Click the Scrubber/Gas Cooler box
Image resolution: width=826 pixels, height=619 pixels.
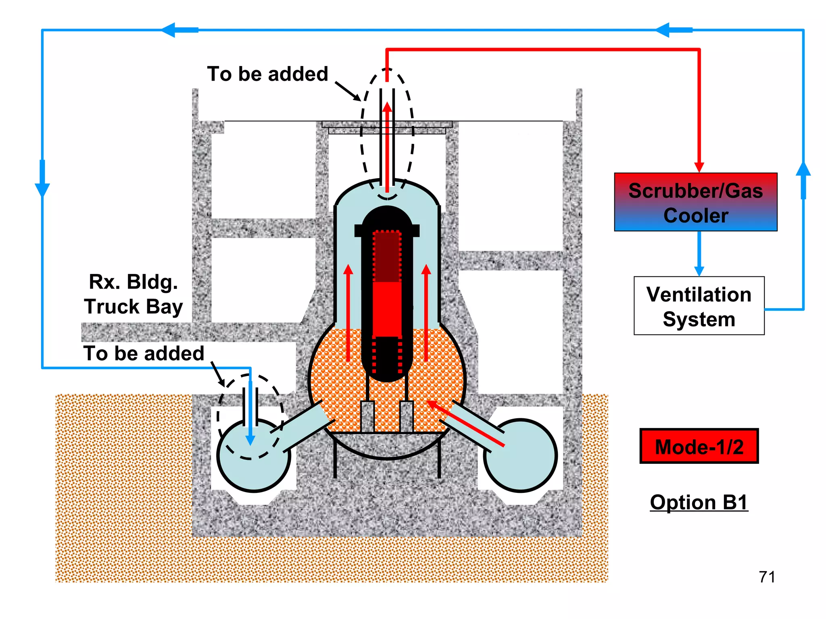pos(695,202)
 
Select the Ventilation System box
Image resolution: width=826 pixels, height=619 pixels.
pos(699,306)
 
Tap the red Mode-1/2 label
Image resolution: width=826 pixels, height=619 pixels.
pos(699,446)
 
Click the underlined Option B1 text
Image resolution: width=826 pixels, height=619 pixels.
pos(699,502)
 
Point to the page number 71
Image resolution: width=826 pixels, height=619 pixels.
pos(766,577)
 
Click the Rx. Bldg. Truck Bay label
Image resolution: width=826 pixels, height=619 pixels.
pos(133,294)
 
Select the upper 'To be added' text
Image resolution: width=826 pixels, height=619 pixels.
pos(267,74)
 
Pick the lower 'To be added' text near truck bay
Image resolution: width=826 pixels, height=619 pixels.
pos(144,353)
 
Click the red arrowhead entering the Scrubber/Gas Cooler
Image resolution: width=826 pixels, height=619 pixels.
pos(699,167)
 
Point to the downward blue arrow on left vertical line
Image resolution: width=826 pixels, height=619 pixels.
pos(42,187)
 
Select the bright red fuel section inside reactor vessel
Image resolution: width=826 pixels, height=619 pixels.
pos(386,308)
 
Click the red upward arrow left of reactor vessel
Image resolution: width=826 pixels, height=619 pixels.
pos(348,310)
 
